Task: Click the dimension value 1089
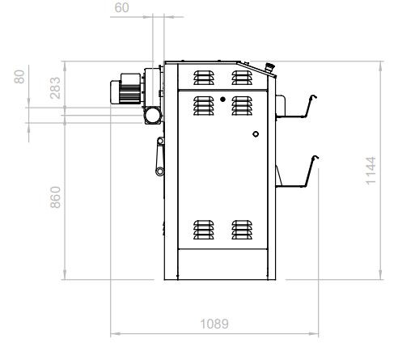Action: (214, 324)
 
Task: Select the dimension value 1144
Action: (371, 171)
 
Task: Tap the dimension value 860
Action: (56, 197)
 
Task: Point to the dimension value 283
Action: (55, 88)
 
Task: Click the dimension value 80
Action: (19, 77)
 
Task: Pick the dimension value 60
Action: (122, 7)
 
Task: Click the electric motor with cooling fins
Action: (125, 89)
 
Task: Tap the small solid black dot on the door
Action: (222, 100)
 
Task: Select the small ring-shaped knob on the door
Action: (256, 133)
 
